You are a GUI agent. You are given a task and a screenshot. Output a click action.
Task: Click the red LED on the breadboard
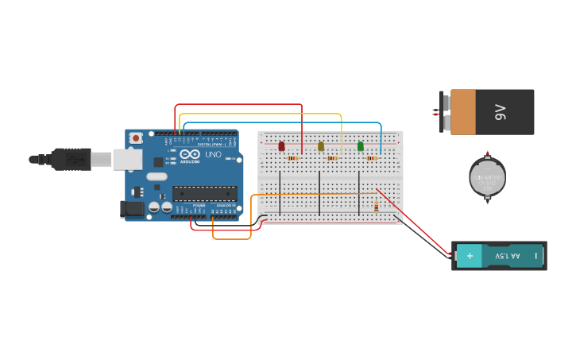pos(281,146)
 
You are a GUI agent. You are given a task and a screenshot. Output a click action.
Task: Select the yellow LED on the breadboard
pos(321,146)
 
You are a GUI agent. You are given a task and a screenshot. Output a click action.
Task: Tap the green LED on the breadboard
pos(361,146)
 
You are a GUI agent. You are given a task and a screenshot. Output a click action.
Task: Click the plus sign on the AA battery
pos(470,256)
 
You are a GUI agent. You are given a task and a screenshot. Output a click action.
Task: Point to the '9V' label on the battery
pos(501,112)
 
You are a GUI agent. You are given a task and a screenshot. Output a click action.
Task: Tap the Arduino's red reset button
pos(136,137)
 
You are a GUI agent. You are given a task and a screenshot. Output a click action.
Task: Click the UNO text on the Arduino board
pos(213,154)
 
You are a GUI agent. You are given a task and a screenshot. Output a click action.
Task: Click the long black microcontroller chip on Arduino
pos(205,192)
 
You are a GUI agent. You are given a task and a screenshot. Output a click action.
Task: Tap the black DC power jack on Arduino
pos(132,209)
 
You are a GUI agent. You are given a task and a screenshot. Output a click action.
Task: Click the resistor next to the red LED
pos(292,158)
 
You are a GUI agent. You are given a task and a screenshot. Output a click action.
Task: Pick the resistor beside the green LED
pos(371,158)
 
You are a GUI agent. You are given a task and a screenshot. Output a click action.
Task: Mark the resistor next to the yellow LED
pos(332,158)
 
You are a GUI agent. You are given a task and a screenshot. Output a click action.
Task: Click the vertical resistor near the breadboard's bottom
pos(377,207)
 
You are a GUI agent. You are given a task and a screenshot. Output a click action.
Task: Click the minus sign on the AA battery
pos(536,256)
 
